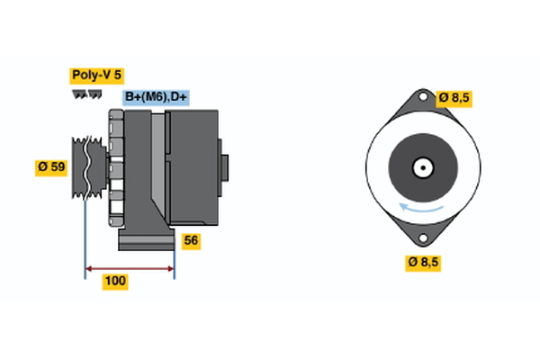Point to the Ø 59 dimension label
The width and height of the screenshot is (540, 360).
pyautogui.click(x=52, y=167)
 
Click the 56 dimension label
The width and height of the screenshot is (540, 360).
pyautogui.click(x=191, y=240)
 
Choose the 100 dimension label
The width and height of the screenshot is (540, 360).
pyautogui.click(x=115, y=282)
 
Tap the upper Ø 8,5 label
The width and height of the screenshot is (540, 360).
pyautogui.click(x=455, y=97)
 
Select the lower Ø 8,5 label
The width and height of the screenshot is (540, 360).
pyautogui.click(x=425, y=262)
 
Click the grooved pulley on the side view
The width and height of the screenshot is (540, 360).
pyautogui.click(x=88, y=166)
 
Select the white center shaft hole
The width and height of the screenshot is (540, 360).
pyautogui.click(x=421, y=167)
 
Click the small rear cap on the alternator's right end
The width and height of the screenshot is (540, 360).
pyautogui.click(x=224, y=167)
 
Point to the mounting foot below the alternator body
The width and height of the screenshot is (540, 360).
pyautogui.click(x=144, y=241)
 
